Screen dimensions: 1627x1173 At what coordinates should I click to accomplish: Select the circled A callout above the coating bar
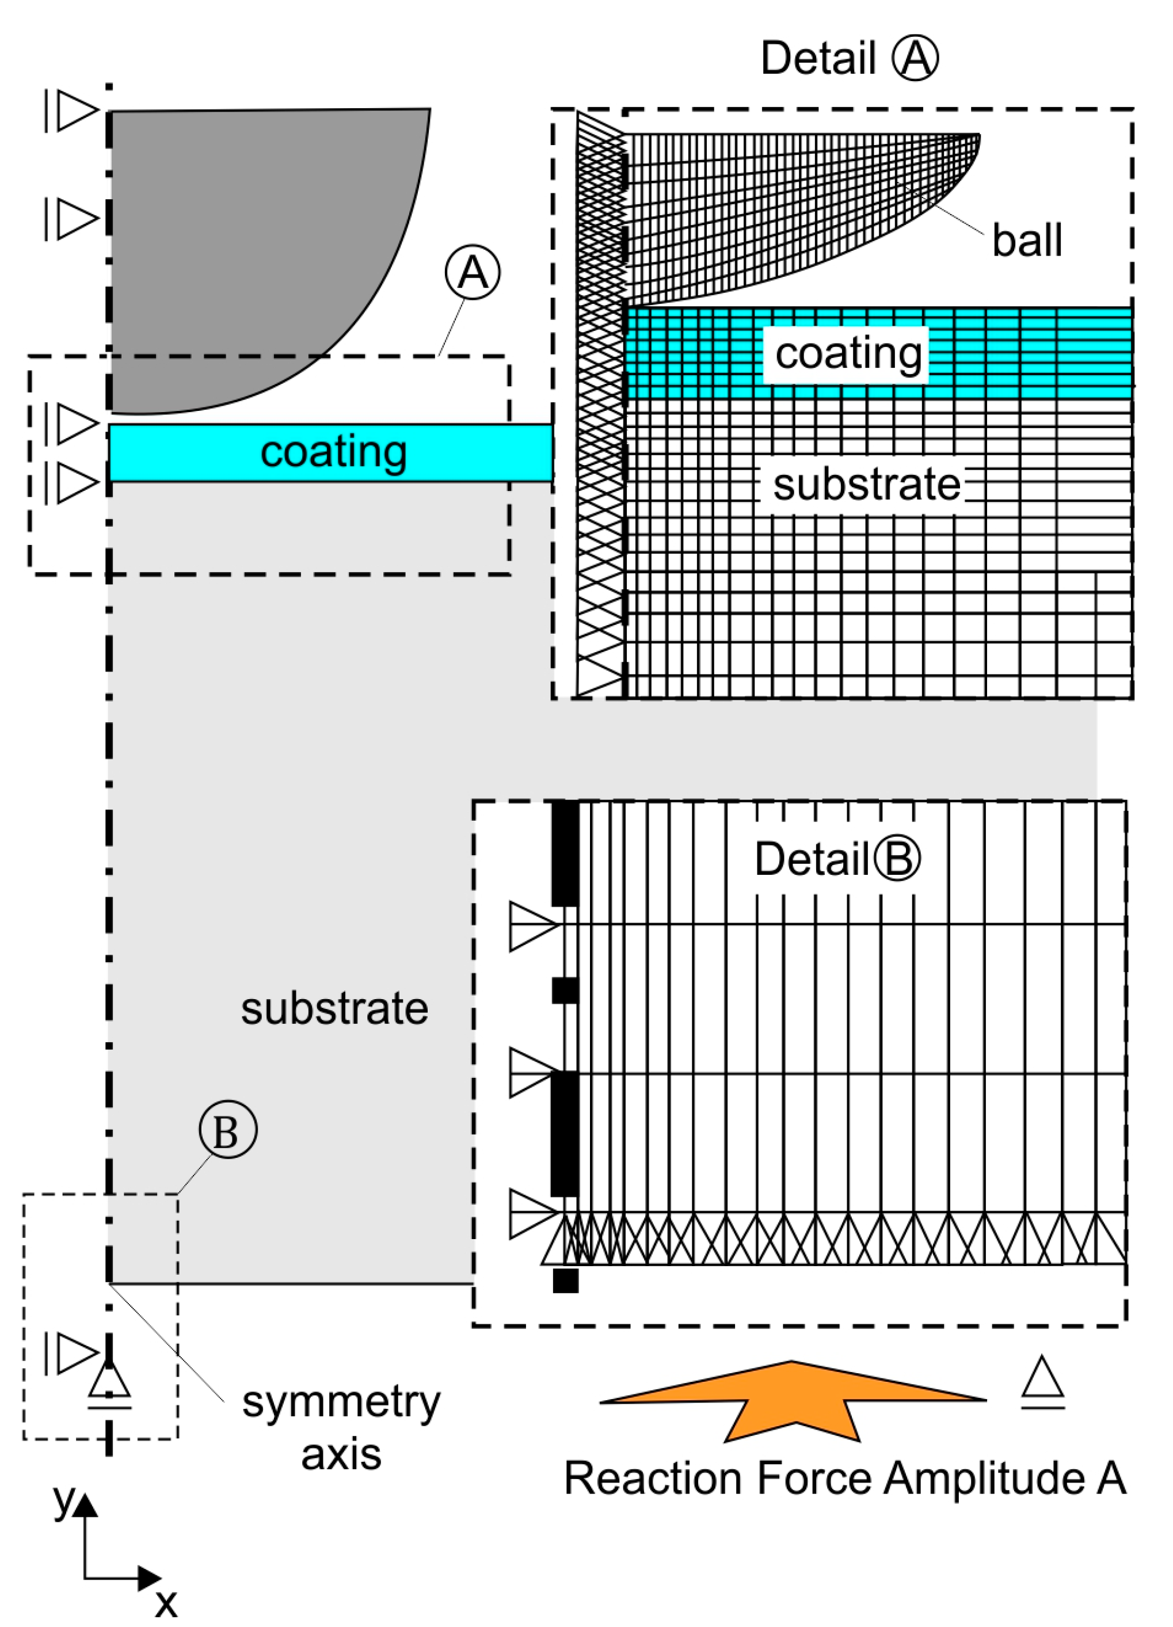point(472,273)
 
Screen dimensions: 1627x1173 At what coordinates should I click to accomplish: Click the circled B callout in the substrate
point(227,1131)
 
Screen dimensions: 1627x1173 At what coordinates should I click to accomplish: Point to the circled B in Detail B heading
point(897,859)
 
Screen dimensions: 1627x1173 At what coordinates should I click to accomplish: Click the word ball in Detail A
point(1027,241)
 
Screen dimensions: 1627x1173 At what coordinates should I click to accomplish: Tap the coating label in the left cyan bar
point(334,452)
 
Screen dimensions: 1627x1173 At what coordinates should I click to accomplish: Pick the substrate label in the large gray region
point(334,1009)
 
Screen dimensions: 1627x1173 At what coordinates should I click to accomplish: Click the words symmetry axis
point(341,1427)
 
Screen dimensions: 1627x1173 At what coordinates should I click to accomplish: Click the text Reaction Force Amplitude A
point(844,1479)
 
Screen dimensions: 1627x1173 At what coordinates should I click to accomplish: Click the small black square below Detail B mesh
point(565,1281)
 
